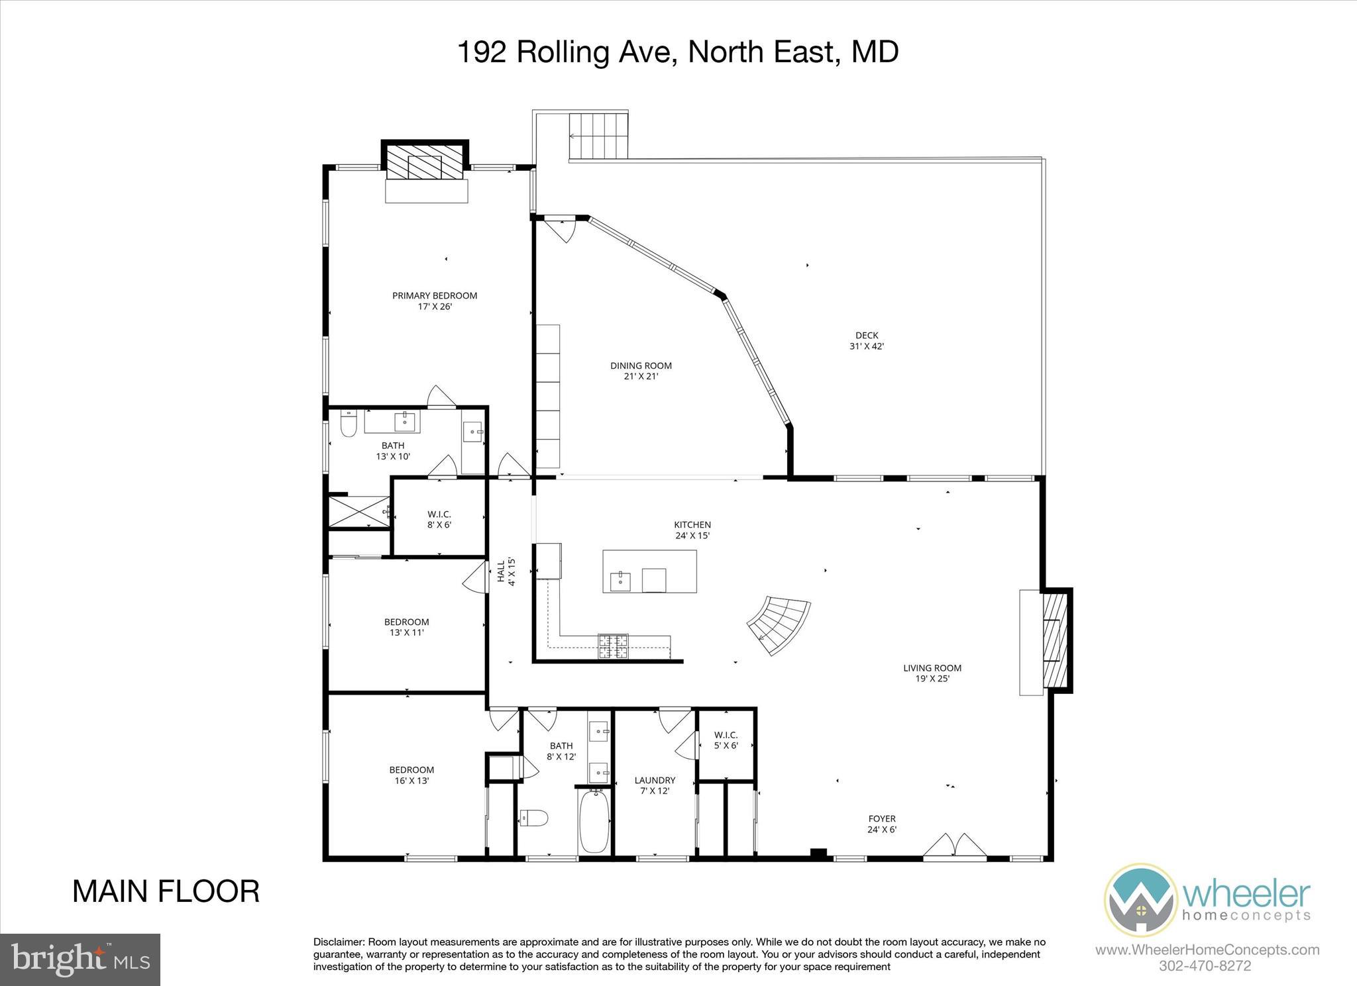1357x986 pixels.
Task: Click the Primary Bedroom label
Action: [x=435, y=301]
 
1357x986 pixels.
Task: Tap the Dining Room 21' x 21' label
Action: [x=641, y=371]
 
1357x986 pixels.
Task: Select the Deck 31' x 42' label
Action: [x=867, y=340]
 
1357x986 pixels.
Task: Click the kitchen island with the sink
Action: [x=649, y=571]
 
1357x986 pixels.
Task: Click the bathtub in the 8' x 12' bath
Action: [x=594, y=821]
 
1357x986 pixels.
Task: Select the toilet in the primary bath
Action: [x=349, y=424]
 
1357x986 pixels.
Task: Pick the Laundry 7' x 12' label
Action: [x=655, y=785]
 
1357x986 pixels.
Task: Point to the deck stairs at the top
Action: [x=598, y=135]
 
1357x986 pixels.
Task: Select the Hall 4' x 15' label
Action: [x=506, y=571]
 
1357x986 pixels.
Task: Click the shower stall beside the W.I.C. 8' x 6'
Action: [x=358, y=511]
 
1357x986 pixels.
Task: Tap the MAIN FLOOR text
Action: [x=166, y=891]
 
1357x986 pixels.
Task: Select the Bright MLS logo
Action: [x=80, y=960]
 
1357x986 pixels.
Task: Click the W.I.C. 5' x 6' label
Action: [x=726, y=740]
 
